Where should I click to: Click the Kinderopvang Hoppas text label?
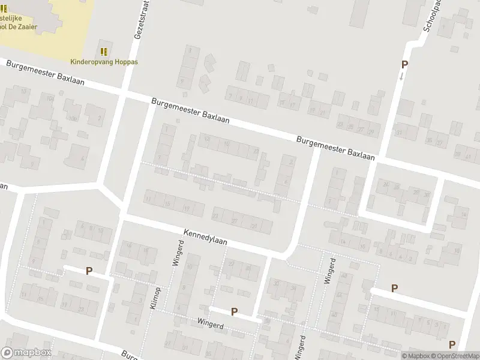[x=104, y=61]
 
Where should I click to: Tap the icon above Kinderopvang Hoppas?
[x=104, y=52]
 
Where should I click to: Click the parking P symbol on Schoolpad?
[x=404, y=65]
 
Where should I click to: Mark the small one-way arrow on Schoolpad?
[x=401, y=76]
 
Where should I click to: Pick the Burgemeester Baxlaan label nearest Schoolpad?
[x=335, y=148]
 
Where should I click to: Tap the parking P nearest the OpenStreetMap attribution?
[x=451, y=344]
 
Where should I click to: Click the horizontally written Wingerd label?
[x=209, y=322]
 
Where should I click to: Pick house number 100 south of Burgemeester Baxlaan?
[x=73, y=118]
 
